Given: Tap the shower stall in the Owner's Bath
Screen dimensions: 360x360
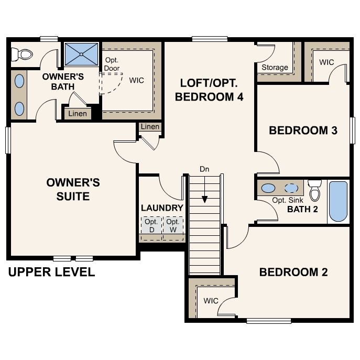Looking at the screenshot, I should click(x=81, y=54).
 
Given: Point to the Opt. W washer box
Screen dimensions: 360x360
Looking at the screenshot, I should click(x=173, y=226).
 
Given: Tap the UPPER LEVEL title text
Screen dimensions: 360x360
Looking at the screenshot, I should click(x=51, y=272).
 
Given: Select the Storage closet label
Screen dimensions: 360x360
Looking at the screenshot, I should click(x=275, y=67).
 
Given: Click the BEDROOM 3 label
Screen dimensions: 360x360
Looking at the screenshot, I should click(x=302, y=130).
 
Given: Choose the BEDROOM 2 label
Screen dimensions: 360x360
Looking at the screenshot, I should click(x=293, y=272).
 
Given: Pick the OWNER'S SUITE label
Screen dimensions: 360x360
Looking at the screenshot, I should click(x=73, y=189).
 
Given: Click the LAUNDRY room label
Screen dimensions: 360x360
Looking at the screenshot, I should click(x=162, y=208).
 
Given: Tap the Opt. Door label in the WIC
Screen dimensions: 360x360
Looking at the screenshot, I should click(x=112, y=64).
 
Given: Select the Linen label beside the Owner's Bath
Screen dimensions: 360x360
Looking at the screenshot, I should click(x=78, y=114).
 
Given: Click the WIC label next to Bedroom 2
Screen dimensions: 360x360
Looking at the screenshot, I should click(x=211, y=301).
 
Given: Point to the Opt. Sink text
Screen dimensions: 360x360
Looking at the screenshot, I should click(x=288, y=201).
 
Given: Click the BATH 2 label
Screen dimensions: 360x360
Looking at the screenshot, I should click(x=303, y=210).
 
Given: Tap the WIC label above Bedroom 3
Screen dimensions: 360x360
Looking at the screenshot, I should click(x=326, y=62).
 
